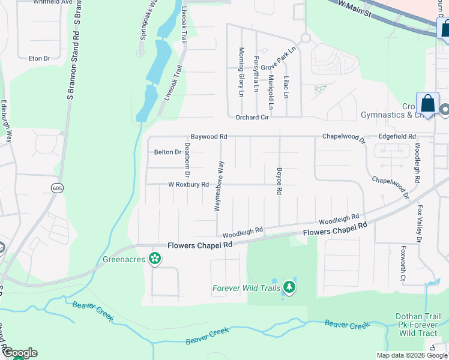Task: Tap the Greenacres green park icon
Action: click(155, 259)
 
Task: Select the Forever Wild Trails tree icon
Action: click(289, 287)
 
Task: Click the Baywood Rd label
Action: click(209, 137)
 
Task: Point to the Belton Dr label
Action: click(167, 152)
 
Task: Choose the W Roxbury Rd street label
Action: click(188, 184)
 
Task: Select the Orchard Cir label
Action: click(252, 118)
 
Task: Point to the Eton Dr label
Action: click(39, 58)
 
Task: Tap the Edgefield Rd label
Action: click(397, 137)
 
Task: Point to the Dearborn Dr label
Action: click(187, 160)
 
